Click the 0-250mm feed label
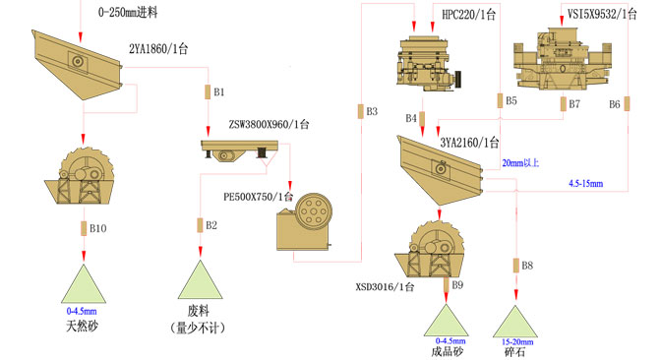tap(128, 12)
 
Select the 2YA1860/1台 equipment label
tap(158, 49)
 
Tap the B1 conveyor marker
tap(208, 91)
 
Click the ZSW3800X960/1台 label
tap(269, 124)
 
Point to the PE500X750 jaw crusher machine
tap(304, 222)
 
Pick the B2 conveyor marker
tap(200, 225)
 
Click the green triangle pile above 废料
tap(201, 279)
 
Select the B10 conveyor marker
tap(84, 228)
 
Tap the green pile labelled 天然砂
tap(84, 283)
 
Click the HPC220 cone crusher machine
tap(428, 62)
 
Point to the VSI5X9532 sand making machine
tap(563, 59)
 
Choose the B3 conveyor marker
tap(360, 111)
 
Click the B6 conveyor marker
tap(627, 103)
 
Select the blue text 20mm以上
tap(520, 162)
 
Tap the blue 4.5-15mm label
tap(586, 183)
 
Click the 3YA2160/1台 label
tap(469, 143)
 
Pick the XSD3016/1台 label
tap(385, 287)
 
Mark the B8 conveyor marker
tap(516, 266)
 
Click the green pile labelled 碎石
tap(515, 322)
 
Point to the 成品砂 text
tap(448, 351)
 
